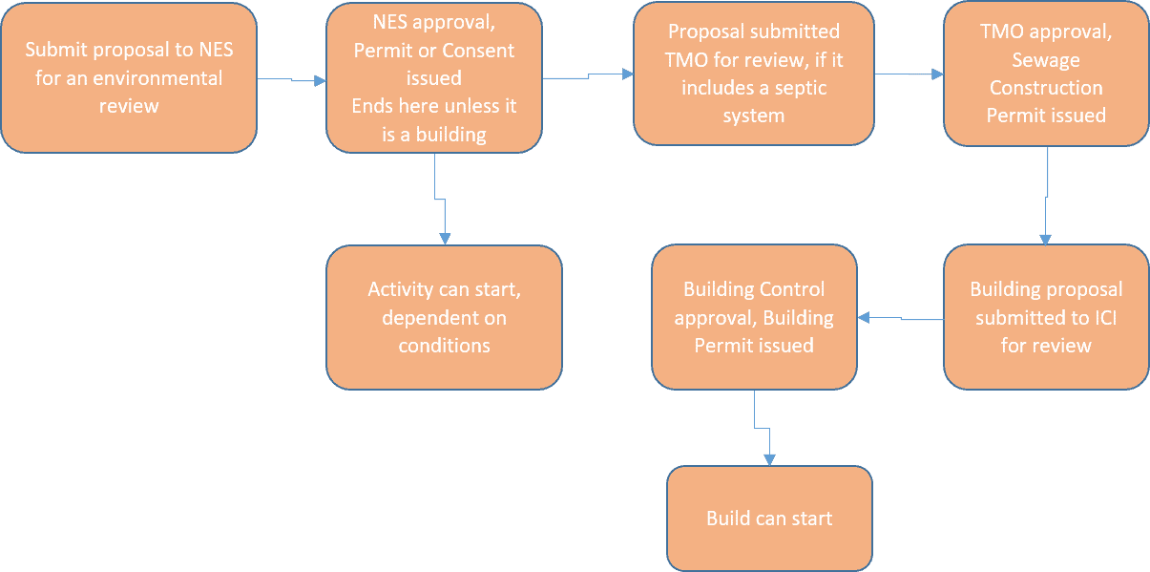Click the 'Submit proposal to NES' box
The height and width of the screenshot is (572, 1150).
129,77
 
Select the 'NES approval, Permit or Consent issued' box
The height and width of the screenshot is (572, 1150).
434,77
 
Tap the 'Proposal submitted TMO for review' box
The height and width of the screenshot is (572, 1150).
753,74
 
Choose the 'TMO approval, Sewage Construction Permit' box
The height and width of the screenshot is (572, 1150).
1045,74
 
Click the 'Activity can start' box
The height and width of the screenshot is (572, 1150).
444,317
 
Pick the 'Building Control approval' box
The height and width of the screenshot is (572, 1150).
753,317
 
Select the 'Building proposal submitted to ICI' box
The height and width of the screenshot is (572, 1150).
1045,317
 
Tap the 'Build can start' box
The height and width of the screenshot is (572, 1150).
769,519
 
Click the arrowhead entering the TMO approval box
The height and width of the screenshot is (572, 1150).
937,73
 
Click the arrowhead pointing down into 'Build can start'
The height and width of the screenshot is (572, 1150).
769,458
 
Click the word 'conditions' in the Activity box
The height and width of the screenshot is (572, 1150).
444,345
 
